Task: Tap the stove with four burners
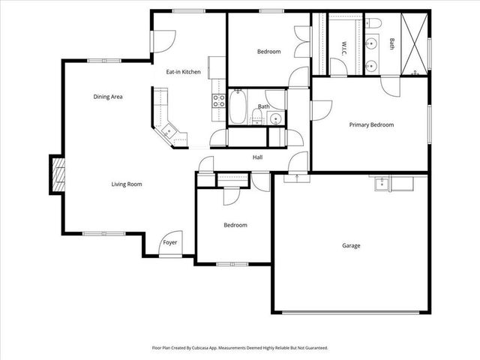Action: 220,101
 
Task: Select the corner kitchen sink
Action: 169,132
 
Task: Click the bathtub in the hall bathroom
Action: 237,106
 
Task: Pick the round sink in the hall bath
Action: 276,118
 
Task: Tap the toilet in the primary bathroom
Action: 375,22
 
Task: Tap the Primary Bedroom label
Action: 371,125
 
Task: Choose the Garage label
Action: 351,246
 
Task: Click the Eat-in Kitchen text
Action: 183,72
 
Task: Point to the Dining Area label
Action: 108,97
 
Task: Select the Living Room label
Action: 127,184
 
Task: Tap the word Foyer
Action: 170,243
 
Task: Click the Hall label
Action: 257,157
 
